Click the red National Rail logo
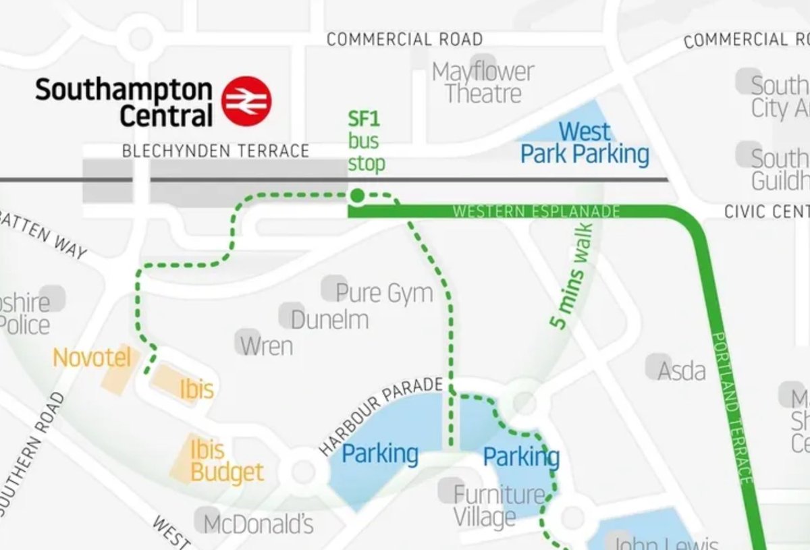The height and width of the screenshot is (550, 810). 247,101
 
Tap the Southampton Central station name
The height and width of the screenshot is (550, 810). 124,102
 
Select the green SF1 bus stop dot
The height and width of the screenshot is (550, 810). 357,196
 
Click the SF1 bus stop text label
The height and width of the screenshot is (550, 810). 365,142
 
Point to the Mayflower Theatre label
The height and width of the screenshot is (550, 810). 483,82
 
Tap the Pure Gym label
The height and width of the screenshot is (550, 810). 383,293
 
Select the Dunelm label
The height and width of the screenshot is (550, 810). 329,319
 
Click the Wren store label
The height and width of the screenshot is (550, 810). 267,346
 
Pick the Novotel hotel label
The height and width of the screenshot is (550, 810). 92,358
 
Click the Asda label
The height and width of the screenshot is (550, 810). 682,370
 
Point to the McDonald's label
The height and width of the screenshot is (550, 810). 259,524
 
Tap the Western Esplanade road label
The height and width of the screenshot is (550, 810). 536,212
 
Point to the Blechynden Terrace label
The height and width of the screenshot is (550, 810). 215,151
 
